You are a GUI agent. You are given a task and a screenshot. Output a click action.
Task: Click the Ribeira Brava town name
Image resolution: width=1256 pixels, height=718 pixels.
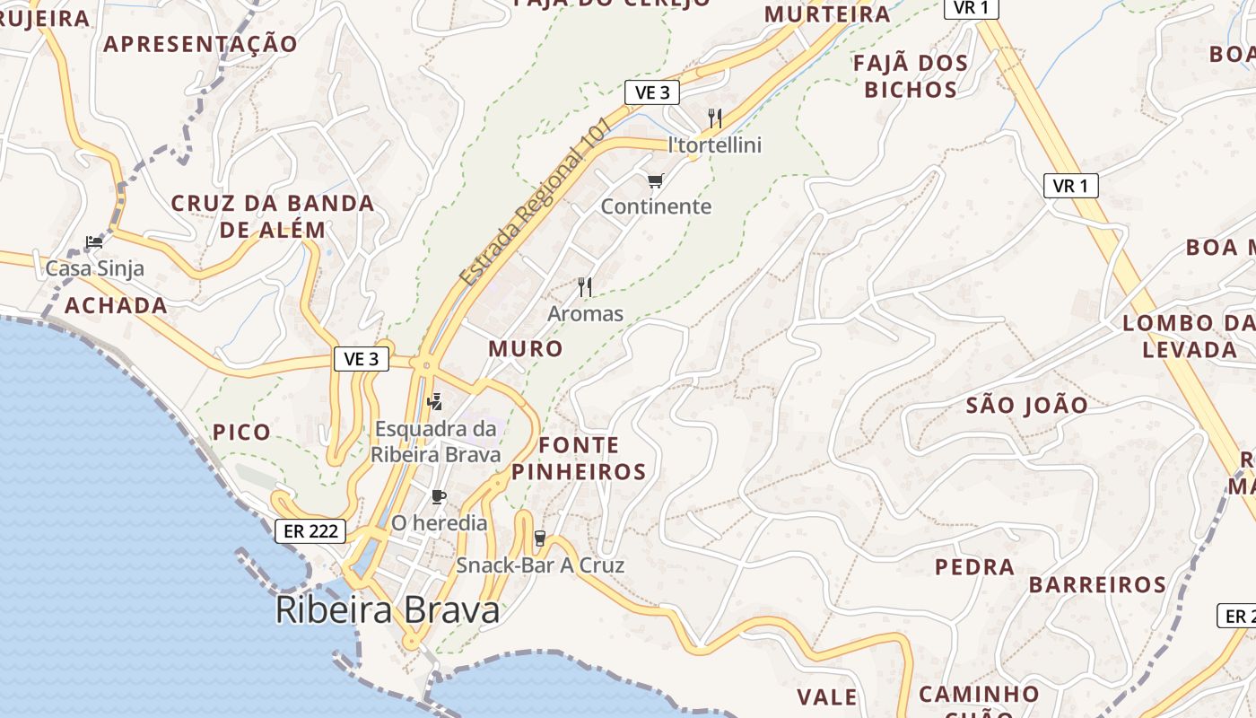pos(387,610)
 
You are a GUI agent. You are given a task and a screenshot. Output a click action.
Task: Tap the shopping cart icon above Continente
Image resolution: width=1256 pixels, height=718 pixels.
pos(656,181)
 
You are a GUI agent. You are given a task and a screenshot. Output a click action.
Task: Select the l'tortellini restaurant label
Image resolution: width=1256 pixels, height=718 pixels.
pos(715,144)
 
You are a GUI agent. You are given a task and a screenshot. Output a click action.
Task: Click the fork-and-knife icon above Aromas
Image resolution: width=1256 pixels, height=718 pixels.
pos(585,287)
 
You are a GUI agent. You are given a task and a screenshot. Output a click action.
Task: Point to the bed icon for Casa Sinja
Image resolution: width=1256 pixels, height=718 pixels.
pos(94,241)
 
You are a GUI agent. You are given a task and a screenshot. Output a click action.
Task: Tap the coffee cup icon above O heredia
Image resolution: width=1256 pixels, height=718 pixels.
pos(438,496)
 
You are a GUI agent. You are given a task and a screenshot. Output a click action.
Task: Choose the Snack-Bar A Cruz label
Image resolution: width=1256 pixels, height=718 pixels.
pos(540,565)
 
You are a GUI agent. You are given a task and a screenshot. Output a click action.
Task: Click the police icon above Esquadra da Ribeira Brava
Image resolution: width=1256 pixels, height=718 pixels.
pos(435,401)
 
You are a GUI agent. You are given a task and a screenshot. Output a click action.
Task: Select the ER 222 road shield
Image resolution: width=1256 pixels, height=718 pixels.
pos(310,530)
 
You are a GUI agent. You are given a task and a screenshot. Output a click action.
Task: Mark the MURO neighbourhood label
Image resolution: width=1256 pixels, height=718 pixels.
pos(526,348)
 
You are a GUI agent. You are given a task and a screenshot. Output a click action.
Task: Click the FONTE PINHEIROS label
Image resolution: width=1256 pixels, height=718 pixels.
pos(580,458)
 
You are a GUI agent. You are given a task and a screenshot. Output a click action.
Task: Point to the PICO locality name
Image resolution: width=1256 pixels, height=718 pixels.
pos(241,432)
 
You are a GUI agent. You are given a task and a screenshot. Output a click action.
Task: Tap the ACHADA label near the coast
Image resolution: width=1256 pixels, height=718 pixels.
pos(116,305)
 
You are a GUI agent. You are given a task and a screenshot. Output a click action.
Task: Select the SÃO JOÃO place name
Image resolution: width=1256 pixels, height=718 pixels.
pos(1027,405)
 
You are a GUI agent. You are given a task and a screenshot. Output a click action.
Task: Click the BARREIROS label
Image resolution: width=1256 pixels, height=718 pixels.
pos(1097,585)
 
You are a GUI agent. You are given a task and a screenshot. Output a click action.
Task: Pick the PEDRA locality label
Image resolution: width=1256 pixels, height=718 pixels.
pos(975,567)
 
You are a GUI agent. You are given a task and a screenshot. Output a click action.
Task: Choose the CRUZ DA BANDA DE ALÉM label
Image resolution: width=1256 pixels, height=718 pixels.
pos(273,216)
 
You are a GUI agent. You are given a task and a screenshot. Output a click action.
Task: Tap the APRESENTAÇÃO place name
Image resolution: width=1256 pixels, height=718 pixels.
pos(200,43)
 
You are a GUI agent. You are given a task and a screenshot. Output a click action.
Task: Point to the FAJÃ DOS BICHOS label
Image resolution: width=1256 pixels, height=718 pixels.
pos(911,76)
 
